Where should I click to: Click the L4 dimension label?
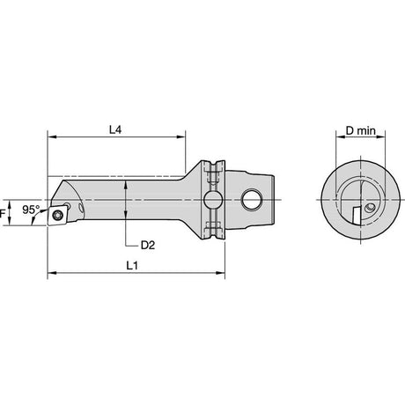click(115, 129)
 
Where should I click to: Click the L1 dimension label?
click(132, 266)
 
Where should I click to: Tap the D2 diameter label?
click(148, 245)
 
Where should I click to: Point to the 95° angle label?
click(31, 210)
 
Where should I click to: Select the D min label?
click(361, 130)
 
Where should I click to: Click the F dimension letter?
click(3, 213)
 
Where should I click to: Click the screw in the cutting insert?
click(56, 216)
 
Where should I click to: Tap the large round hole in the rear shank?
click(252, 200)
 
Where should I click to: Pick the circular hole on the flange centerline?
click(213, 200)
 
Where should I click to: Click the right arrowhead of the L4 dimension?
click(181, 136)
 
